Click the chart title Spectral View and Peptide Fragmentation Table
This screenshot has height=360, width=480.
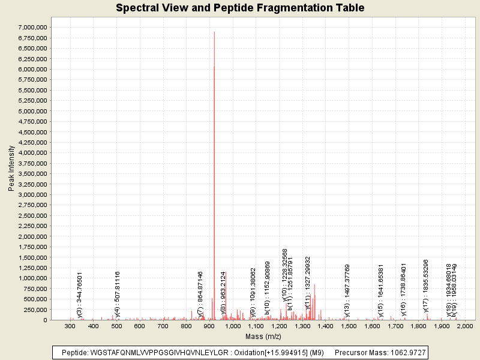pyautogui.click(x=240, y=8)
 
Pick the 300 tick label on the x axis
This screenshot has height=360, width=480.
pyautogui.click(x=70, y=326)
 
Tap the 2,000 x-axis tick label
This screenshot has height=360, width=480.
pyautogui.click(x=465, y=326)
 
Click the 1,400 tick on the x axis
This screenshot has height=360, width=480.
pyautogui.click(x=326, y=326)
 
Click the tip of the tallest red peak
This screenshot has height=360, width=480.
pyautogui.click(x=214, y=32)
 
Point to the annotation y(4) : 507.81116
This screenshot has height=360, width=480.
pyautogui.click(x=118, y=294)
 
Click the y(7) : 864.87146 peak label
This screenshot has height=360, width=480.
pyautogui.click(x=200, y=293)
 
